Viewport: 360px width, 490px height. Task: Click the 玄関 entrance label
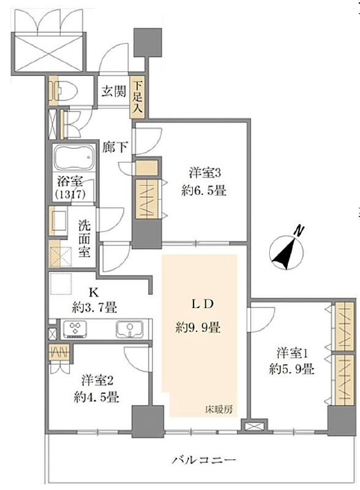[x=114, y=91]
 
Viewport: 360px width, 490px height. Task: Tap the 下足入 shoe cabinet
[x=138, y=97]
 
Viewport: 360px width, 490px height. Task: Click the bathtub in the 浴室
[x=74, y=157]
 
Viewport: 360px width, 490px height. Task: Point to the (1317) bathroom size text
[x=70, y=195]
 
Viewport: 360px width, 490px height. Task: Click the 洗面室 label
[x=84, y=238]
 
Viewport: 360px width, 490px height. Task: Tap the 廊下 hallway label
[x=115, y=147]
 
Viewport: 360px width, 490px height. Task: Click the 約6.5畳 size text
[x=204, y=190]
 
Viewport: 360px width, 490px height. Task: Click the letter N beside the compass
[x=299, y=231]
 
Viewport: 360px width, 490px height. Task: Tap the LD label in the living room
[x=202, y=304]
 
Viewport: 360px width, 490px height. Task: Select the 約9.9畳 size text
[x=198, y=328]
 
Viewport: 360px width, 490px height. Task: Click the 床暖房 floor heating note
[x=219, y=409]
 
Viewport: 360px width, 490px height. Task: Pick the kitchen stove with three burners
[x=75, y=329]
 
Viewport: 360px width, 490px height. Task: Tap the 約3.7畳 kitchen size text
[x=94, y=308]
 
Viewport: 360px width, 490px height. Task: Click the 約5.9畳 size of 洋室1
[x=291, y=369]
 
